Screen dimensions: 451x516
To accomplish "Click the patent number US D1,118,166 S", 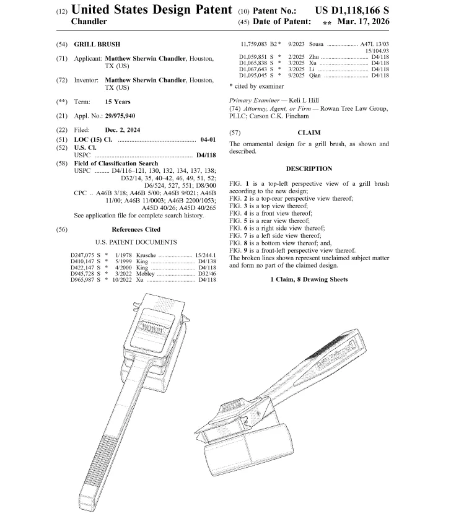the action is [352, 10].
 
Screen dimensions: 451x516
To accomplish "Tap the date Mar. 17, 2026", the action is [364, 22].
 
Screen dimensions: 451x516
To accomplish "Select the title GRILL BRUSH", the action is [97, 45].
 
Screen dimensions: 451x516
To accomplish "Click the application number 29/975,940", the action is [120, 116].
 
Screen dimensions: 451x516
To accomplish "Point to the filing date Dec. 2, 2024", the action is [123, 130].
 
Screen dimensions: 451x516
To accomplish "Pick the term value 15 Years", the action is [118, 102].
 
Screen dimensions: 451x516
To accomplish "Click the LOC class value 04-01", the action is [208, 139].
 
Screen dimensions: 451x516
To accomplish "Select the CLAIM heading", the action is [309, 133].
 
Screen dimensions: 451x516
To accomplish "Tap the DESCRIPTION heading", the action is [309, 169].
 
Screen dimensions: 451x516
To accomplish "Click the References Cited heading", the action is [136, 230].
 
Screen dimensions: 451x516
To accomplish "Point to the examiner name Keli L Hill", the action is [304, 100].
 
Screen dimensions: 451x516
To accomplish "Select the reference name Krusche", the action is [146, 255].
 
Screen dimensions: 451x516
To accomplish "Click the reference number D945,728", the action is [82, 274].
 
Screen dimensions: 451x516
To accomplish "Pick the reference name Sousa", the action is [316, 44].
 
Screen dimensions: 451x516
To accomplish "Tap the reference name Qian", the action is [315, 76].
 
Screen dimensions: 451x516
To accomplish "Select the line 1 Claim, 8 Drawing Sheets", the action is [309, 279].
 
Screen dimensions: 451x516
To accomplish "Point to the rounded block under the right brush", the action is [248, 449].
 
